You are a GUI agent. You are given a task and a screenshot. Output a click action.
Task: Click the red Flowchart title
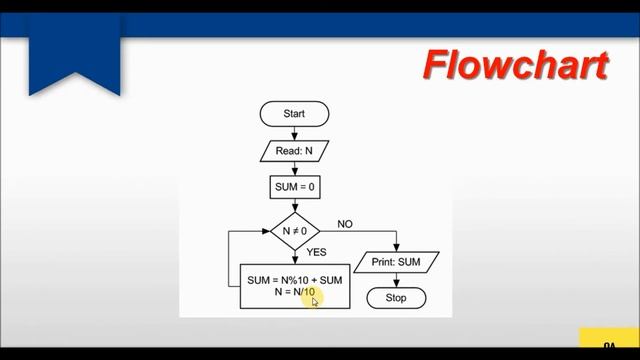[x=515, y=64]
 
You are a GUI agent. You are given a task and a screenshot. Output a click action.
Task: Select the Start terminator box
[x=294, y=114]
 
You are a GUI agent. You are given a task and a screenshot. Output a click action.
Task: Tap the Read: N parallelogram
[x=294, y=151]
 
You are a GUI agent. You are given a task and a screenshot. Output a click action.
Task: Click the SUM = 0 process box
[x=294, y=187]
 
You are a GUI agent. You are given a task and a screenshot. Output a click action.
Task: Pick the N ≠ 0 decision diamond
[x=294, y=231]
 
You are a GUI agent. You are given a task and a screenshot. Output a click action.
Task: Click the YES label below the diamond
[x=316, y=253]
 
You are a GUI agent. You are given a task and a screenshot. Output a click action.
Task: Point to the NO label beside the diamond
[x=345, y=223]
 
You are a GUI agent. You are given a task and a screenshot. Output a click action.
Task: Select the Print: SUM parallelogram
[x=397, y=262]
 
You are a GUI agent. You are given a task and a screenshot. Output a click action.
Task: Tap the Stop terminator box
[x=397, y=298]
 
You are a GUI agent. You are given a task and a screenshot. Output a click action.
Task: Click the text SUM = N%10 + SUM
[x=295, y=280]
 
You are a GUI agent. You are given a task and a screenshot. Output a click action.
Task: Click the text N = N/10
[x=295, y=293]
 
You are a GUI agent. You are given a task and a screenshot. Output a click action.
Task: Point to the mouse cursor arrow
[x=315, y=301]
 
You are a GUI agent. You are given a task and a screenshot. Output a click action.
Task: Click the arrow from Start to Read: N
[x=294, y=133]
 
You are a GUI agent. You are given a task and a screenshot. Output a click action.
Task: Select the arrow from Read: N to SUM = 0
[x=294, y=169]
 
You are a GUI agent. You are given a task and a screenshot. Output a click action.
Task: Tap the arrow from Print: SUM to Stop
[x=397, y=280]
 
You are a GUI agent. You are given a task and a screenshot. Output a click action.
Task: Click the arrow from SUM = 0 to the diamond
[x=294, y=205]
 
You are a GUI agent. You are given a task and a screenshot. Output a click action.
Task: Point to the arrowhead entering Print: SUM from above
[x=397, y=249]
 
